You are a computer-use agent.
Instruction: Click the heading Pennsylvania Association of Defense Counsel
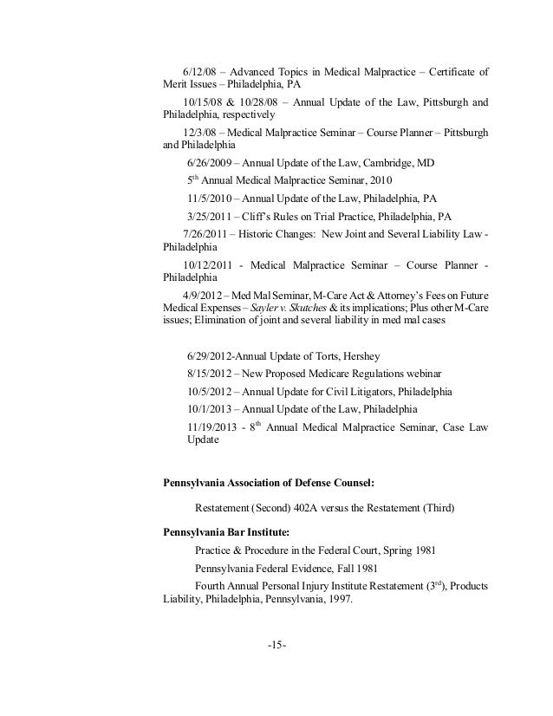pos(275,483)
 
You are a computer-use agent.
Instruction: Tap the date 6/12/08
pos(201,71)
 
